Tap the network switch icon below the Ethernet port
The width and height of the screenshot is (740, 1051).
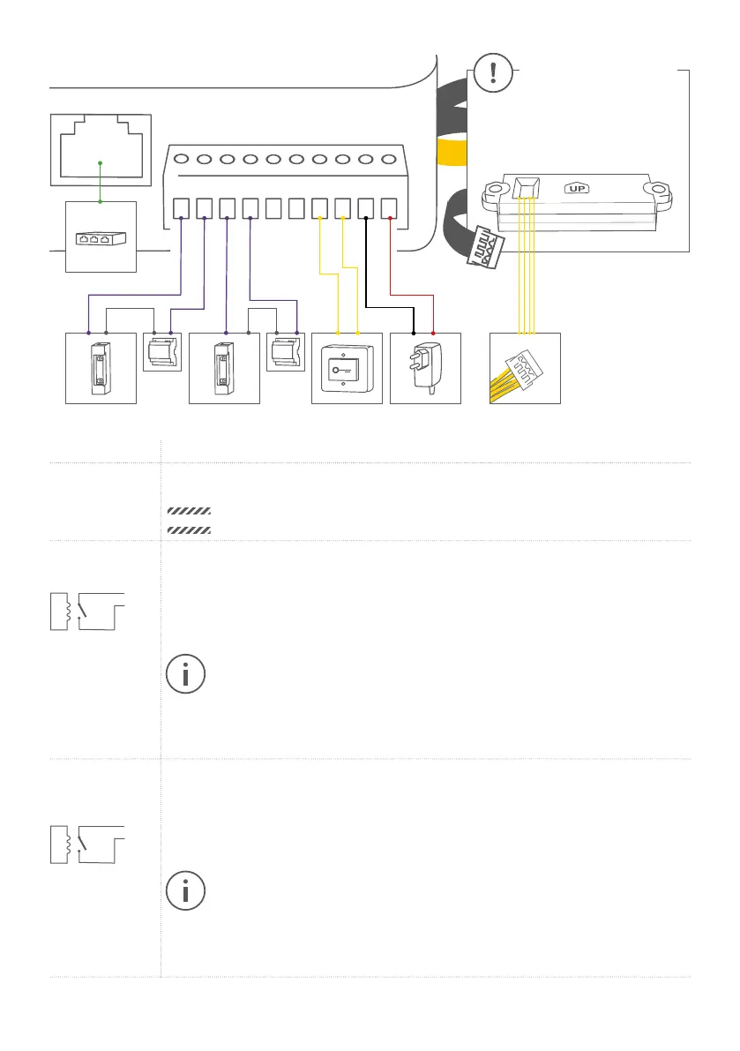pos(101,237)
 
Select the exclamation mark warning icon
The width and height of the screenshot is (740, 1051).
pos(491,72)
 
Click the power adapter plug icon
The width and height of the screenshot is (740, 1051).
pos(424,367)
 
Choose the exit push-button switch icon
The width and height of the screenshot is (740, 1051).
pos(347,367)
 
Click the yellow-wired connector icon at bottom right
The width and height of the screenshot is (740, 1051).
pos(525,368)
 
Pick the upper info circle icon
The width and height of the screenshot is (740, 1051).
pos(185,674)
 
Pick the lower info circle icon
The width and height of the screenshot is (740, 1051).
pos(185,892)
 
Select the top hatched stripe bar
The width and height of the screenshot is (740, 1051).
pos(188,511)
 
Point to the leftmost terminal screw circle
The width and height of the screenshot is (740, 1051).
pos(181,161)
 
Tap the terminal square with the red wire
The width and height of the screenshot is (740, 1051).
pos(388,209)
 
